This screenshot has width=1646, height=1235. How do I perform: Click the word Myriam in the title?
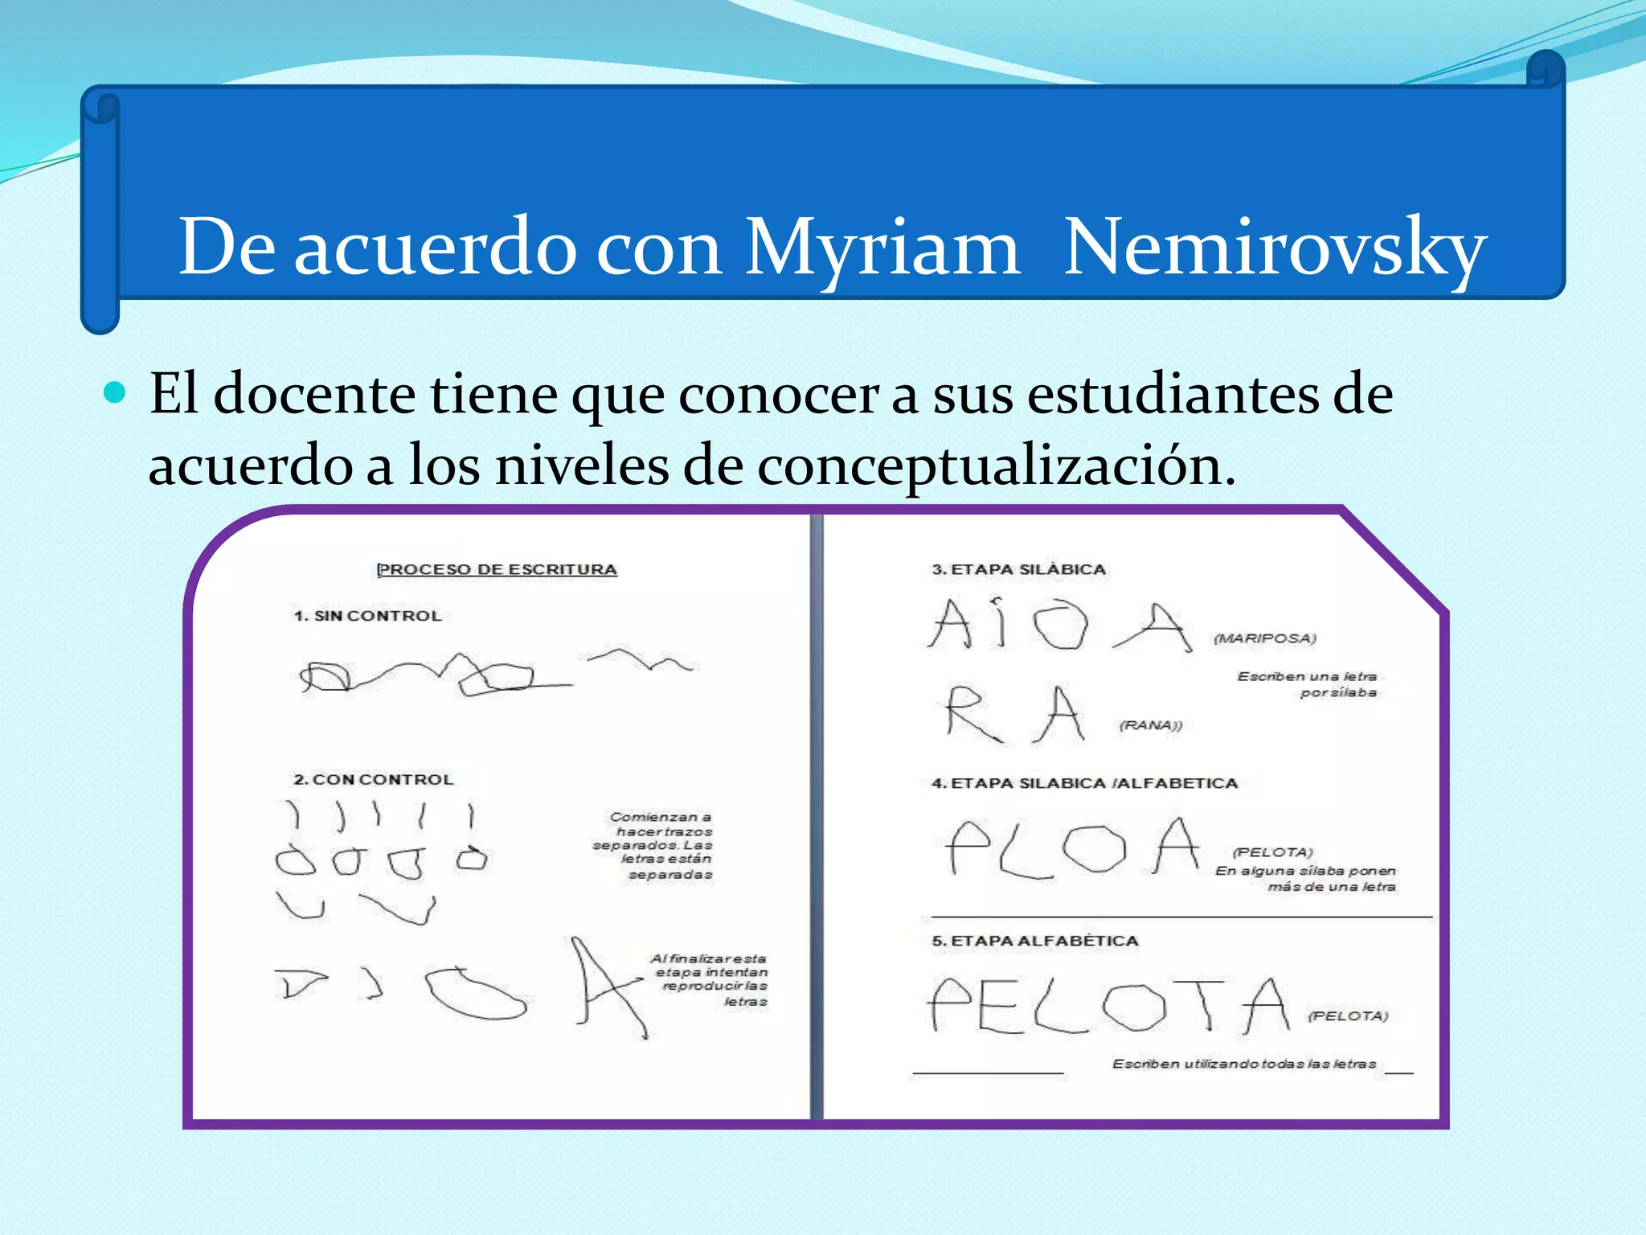882,248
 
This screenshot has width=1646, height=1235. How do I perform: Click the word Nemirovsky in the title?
1275,248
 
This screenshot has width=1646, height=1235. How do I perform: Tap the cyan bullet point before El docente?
116,392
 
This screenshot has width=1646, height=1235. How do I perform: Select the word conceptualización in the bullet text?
995,466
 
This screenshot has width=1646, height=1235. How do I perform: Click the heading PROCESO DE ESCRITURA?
497,569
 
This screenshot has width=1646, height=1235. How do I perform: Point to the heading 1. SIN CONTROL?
368,616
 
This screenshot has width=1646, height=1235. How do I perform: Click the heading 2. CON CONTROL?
374,779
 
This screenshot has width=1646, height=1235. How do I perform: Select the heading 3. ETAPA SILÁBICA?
1018,569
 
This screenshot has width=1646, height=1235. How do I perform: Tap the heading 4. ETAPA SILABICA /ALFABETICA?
1084,783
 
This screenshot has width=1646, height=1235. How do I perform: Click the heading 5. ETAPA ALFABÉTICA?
1035,941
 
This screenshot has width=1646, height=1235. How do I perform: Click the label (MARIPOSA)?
1264,638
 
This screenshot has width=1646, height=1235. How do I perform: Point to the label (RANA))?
1151,725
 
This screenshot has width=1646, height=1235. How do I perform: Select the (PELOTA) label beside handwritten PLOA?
1272,852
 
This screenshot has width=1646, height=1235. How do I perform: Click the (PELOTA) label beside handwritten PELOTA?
1348,1016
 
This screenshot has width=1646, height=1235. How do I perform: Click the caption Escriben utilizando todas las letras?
1244,1064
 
